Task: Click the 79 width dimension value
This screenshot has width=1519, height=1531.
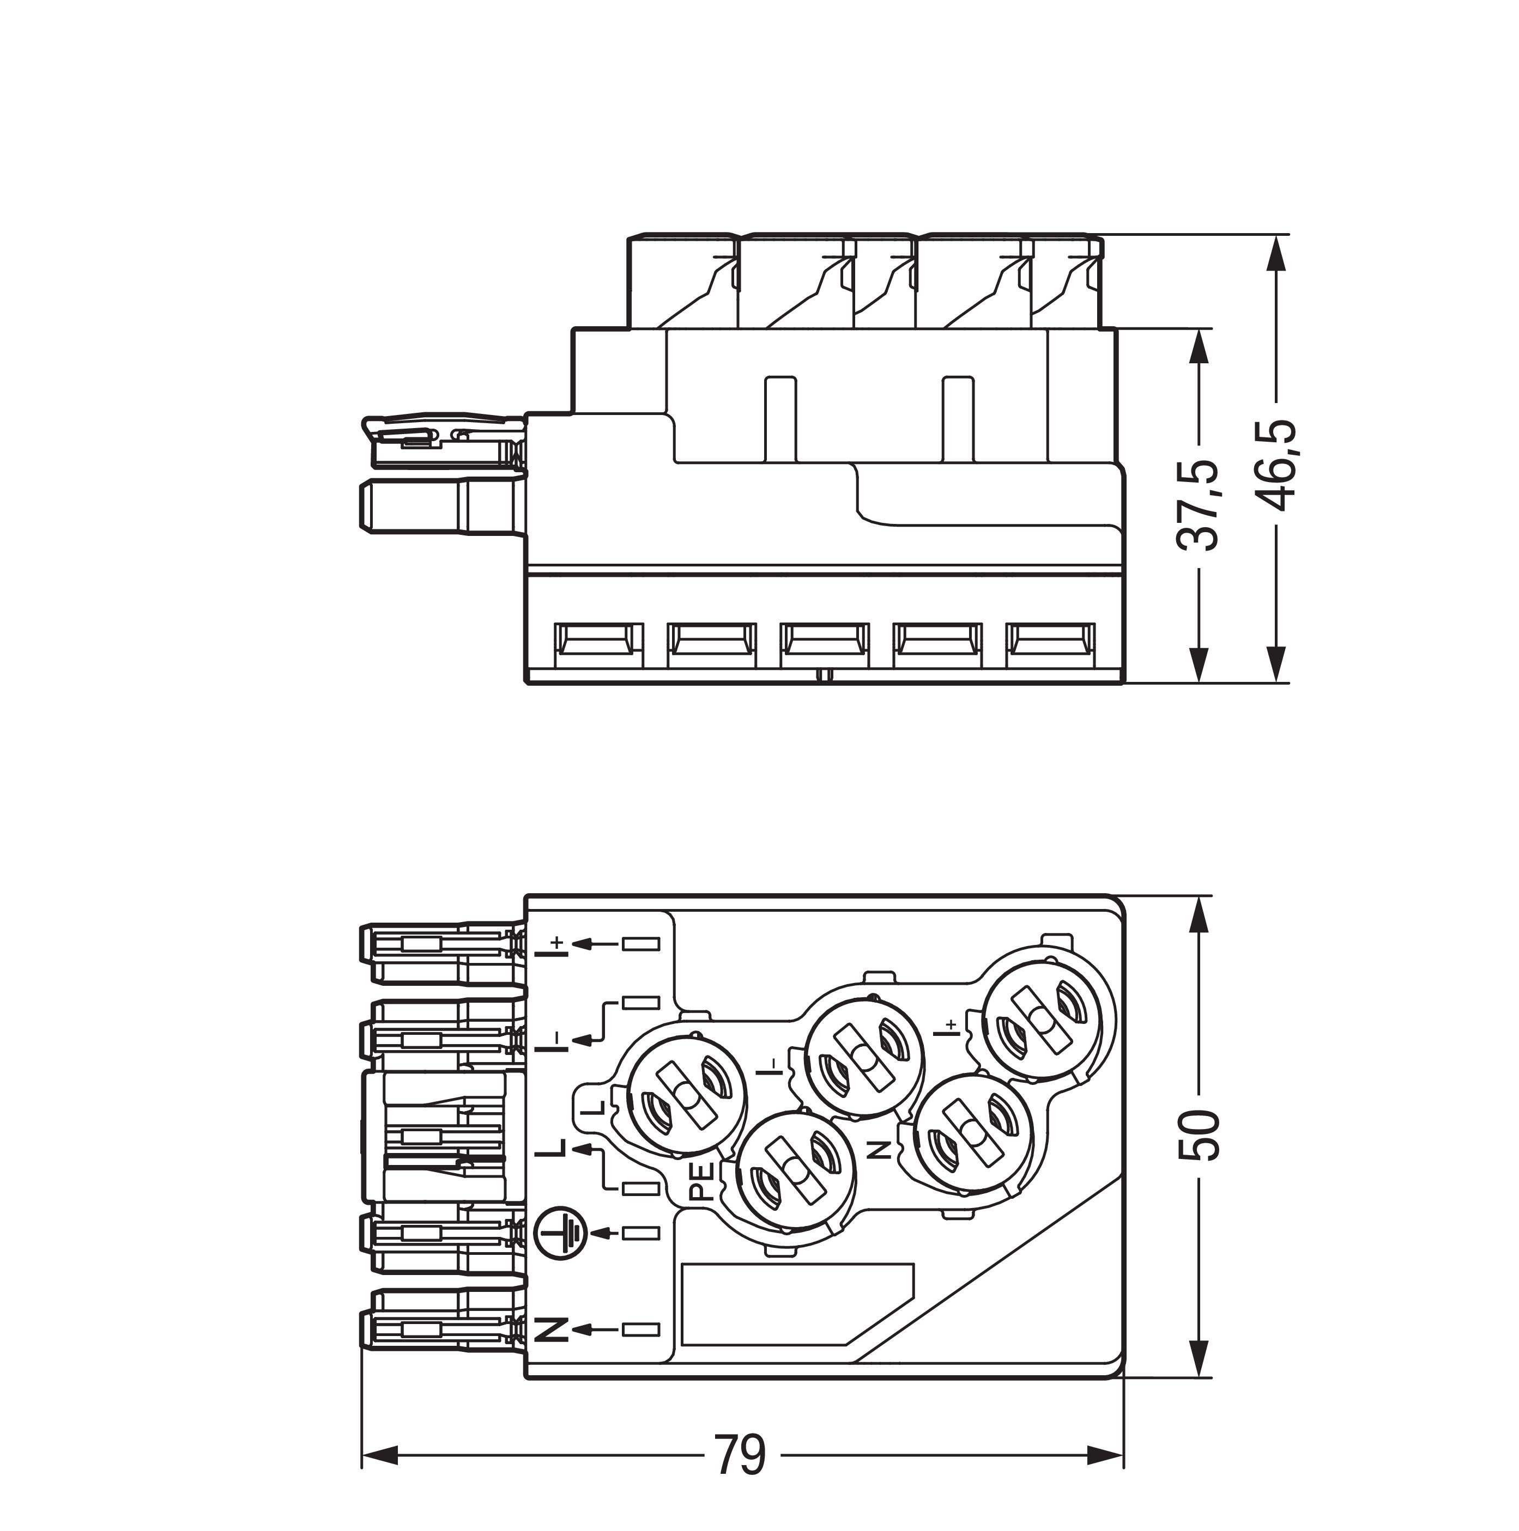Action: (741, 1455)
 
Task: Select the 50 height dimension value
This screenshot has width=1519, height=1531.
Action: (1198, 1136)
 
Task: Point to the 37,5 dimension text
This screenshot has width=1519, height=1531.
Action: (1197, 504)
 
